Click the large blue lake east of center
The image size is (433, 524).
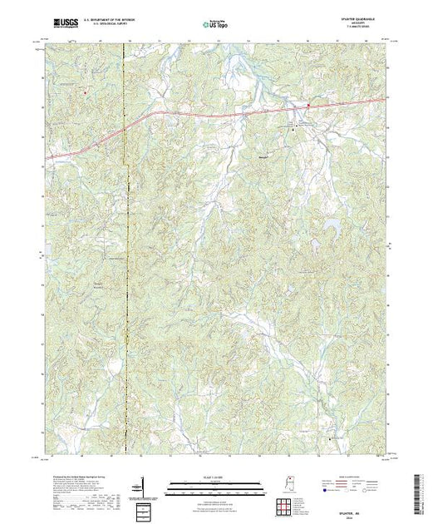pos(333,225)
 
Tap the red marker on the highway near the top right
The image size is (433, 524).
pos(308,106)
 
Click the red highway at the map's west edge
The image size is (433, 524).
pos(47,157)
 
